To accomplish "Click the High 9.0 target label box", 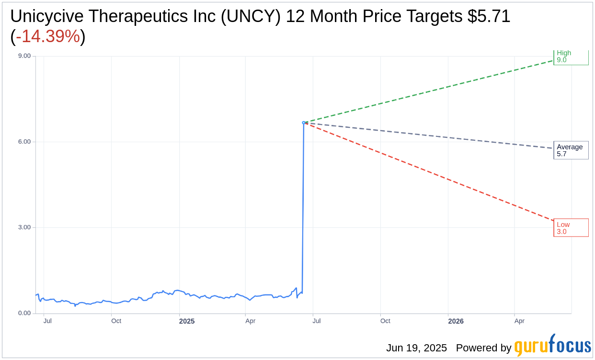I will (x=571, y=57).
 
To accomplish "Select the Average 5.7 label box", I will (x=571, y=150).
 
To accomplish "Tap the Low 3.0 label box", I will (x=571, y=228).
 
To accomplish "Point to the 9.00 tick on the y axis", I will (x=24, y=56).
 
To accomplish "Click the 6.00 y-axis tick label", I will (x=24, y=142).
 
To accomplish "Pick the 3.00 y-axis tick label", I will (x=24, y=227).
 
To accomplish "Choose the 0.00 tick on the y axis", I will (x=24, y=313).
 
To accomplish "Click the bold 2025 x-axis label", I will (x=187, y=321).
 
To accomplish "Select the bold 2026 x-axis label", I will (x=456, y=321).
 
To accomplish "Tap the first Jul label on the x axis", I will (x=47, y=321).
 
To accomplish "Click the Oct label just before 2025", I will (x=116, y=321).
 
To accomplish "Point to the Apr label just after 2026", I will (x=519, y=321).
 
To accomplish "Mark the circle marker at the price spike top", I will (x=304, y=123).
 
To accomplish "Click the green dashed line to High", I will (x=431, y=91).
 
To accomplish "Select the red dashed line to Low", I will (x=431, y=172).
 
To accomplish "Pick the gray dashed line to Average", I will (x=431, y=135).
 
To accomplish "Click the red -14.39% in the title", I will (x=48, y=36).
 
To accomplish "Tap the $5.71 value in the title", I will (x=489, y=16).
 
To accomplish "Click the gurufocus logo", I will (x=552, y=346).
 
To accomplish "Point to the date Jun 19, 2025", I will (x=416, y=348).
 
